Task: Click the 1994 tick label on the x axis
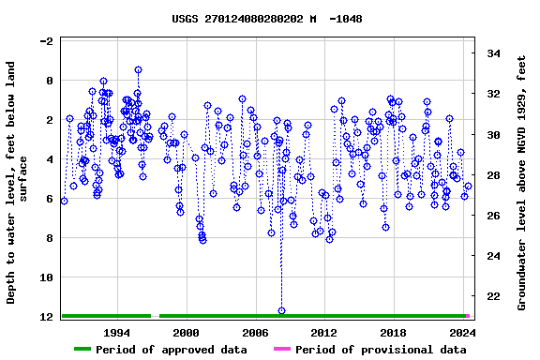click(x=117, y=332)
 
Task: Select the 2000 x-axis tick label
click(x=187, y=332)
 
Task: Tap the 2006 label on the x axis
click(x=255, y=332)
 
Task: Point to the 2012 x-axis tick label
click(x=323, y=332)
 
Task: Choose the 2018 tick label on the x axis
click(x=393, y=332)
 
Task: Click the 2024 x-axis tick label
click(x=461, y=332)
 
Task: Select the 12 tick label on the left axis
click(x=45, y=317)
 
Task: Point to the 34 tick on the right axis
click(x=493, y=53)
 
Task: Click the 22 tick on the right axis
click(x=493, y=296)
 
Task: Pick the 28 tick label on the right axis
click(x=493, y=175)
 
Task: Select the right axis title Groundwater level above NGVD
click(x=522, y=183)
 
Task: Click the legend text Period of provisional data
click(x=381, y=350)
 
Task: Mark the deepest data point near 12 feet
click(x=281, y=310)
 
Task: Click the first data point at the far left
click(x=64, y=201)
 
